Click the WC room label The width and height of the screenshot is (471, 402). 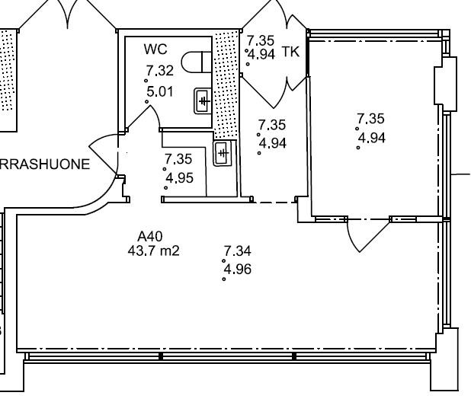(x=155, y=49)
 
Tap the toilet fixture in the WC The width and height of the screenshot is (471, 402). (x=197, y=62)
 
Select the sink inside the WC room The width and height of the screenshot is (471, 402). (x=203, y=100)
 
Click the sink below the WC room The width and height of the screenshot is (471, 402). (x=223, y=153)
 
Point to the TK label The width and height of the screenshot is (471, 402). (x=290, y=52)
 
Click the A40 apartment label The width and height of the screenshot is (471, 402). (x=150, y=237)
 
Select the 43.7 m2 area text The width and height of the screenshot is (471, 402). (x=153, y=250)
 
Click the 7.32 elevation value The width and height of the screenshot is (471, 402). (x=160, y=71)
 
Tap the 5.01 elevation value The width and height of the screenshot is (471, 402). (x=160, y=92)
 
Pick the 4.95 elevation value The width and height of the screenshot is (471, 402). (x=179, y=178)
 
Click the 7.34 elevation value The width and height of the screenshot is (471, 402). (x=238, y=250)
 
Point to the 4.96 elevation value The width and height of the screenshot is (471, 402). (x=238, y=270)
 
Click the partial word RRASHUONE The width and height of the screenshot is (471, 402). (x=44, y=164)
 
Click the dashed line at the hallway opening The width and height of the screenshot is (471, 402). (x=274, y=203)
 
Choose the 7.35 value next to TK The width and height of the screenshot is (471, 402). (x=261, y=40)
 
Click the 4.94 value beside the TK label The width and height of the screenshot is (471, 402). (x=261, y=55)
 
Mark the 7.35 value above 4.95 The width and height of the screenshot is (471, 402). (x=178, y=159)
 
